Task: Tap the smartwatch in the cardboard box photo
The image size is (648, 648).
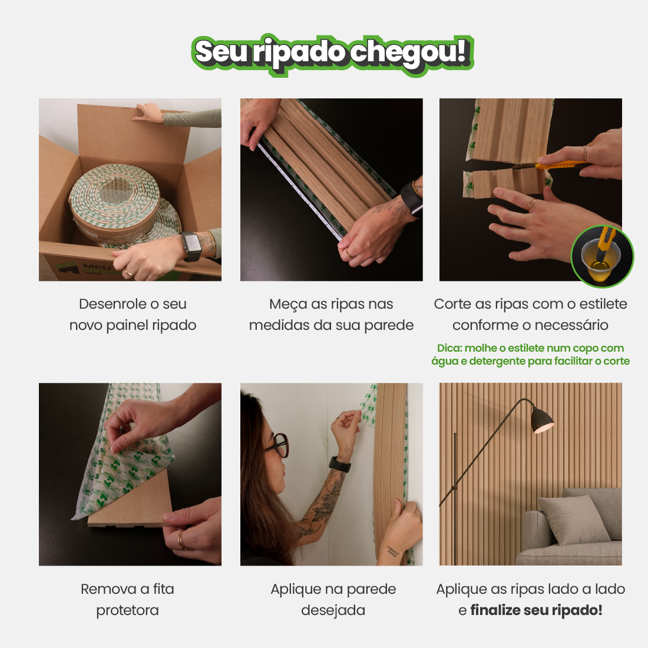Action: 191,246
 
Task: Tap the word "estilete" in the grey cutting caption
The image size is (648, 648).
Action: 603,304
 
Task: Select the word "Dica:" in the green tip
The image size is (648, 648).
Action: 449,348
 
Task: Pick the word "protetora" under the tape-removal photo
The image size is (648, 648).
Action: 127,610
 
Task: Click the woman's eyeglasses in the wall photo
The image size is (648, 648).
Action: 277,444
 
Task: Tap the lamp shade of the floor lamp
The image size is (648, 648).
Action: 542,421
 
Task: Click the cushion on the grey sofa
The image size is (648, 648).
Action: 574,518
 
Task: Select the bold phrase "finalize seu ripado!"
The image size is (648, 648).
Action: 537,610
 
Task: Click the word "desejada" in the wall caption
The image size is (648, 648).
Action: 333,610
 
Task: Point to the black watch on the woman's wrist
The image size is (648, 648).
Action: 339,465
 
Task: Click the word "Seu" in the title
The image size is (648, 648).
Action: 221,52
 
